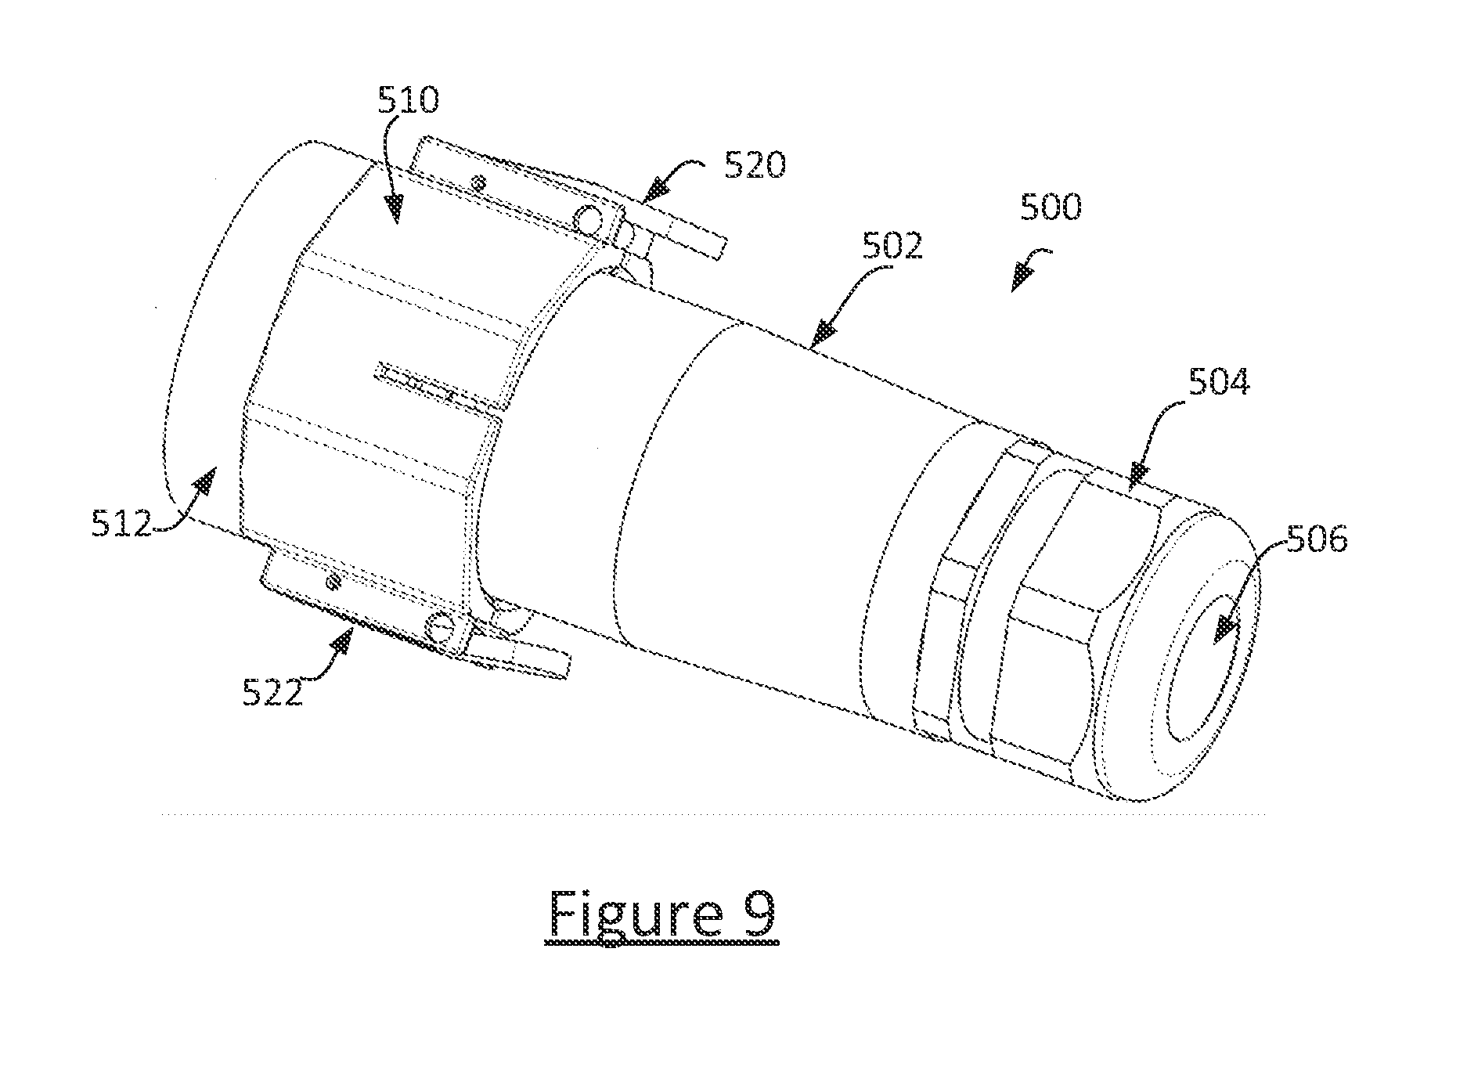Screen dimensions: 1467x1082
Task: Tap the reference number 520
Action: pos(755,166)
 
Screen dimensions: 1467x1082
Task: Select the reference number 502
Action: pos(893,247)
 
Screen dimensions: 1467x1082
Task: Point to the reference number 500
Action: pos(1051,207)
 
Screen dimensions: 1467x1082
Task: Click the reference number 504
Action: pos(1220,382)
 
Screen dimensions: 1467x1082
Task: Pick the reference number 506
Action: pos(1316,540)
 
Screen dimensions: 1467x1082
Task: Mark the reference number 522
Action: pos(272,693)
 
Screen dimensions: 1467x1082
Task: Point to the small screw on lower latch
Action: pos(334,582)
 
